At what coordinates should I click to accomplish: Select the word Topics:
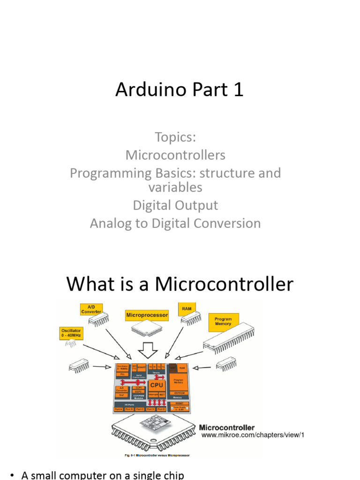coord(175,137)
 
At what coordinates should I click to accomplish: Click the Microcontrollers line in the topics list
coord(175,155)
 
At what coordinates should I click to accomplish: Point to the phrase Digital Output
coord(175,205)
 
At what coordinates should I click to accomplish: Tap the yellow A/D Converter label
coord(91,308)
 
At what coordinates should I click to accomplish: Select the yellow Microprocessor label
coord(147,315)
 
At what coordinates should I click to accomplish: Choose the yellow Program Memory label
coord(223,321)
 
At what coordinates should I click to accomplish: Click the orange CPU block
coord(157,385)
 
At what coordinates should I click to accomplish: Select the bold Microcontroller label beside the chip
coord(227,427)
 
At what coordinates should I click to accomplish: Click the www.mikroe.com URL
coord(253,435)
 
